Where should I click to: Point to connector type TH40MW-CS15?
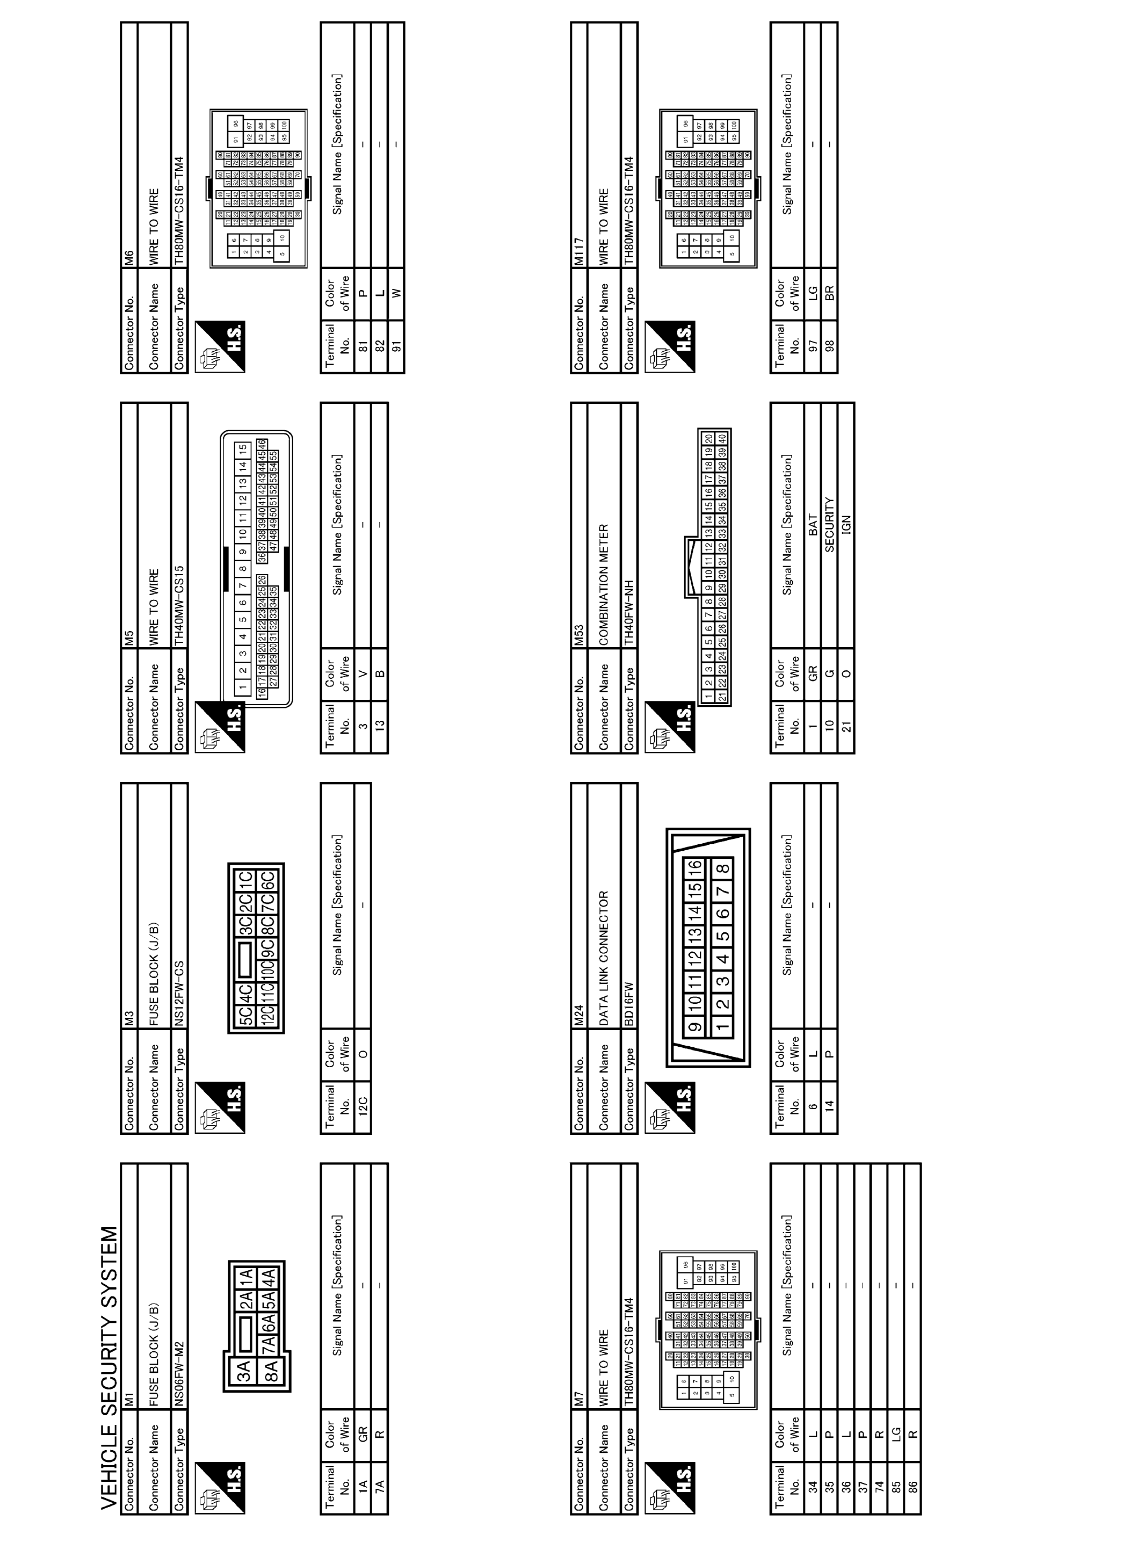[179, 606]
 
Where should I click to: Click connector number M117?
[580, 252]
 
